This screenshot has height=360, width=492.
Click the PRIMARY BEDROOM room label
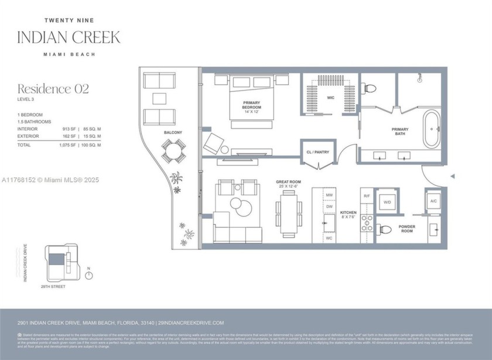[252, 106]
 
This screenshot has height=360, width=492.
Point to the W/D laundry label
[387, 203]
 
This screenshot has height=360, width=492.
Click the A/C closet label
[433, 201]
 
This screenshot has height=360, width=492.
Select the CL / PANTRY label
[318, 152]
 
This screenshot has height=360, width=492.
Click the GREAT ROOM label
[288, 182]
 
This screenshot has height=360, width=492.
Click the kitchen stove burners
[367, 222]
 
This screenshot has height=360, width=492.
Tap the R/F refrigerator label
[367, 196]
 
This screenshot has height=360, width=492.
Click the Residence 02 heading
[53, 89]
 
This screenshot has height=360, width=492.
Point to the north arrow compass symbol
[89, 275]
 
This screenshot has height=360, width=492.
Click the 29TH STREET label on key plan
[53, 287]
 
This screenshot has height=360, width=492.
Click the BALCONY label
[173, 133]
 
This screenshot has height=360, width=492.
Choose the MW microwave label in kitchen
[330, 195]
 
